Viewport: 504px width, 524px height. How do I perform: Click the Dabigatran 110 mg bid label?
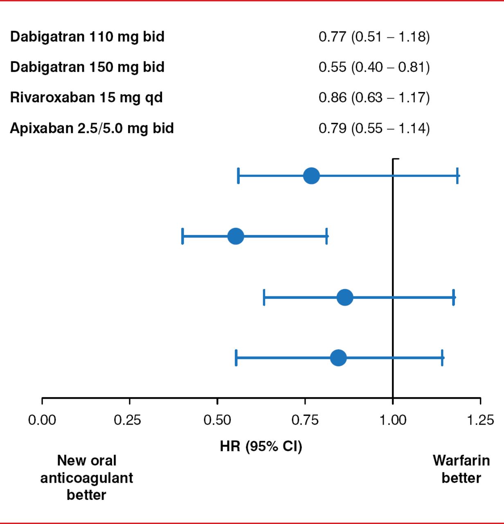point(87,37)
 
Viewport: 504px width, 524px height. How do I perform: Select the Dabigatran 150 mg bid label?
point(87,67)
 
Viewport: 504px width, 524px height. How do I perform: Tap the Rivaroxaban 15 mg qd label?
point(86,98)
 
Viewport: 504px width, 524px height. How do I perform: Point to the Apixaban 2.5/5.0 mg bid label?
point(92,129)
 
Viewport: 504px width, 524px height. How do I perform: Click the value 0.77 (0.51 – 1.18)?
point(374,37)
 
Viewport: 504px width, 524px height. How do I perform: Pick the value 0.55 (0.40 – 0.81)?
point(374,67)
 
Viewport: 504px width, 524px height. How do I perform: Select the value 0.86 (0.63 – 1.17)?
point(374,98)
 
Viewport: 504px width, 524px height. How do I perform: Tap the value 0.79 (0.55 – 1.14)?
point(374,129)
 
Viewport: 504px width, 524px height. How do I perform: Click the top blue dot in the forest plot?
point(311,176)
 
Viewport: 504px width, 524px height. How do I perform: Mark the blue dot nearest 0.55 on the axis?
point(236,236)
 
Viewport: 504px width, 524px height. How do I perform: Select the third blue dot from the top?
point(345,297)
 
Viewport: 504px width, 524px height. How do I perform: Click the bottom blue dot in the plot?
point(338,358)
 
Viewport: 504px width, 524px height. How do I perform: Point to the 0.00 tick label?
point(42,420)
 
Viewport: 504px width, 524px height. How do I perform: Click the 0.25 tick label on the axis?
point(127,420)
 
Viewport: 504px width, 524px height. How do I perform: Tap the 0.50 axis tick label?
point(217,420)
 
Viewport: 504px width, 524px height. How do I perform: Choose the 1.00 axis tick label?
point(393,420)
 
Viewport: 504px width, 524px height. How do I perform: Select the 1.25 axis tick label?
point(480,420)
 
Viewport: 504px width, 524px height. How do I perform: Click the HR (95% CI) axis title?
point(261,446)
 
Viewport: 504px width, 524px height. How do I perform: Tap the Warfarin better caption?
point(461,469)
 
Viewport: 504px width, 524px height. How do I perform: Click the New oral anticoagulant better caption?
point(87,478)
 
